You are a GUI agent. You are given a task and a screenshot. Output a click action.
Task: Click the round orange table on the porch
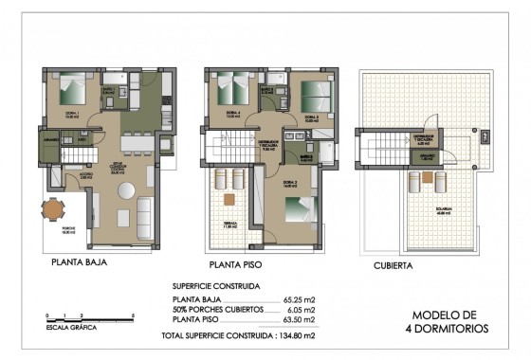(x=53, y=209)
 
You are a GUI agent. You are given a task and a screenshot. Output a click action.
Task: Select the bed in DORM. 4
(x=231, y=92)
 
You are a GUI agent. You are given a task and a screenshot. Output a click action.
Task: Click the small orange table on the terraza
(x=229, y=199)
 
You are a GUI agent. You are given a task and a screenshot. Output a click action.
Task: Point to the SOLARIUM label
(x=442, y=211)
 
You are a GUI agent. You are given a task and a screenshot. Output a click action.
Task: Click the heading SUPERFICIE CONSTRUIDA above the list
(x=216, y=285)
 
